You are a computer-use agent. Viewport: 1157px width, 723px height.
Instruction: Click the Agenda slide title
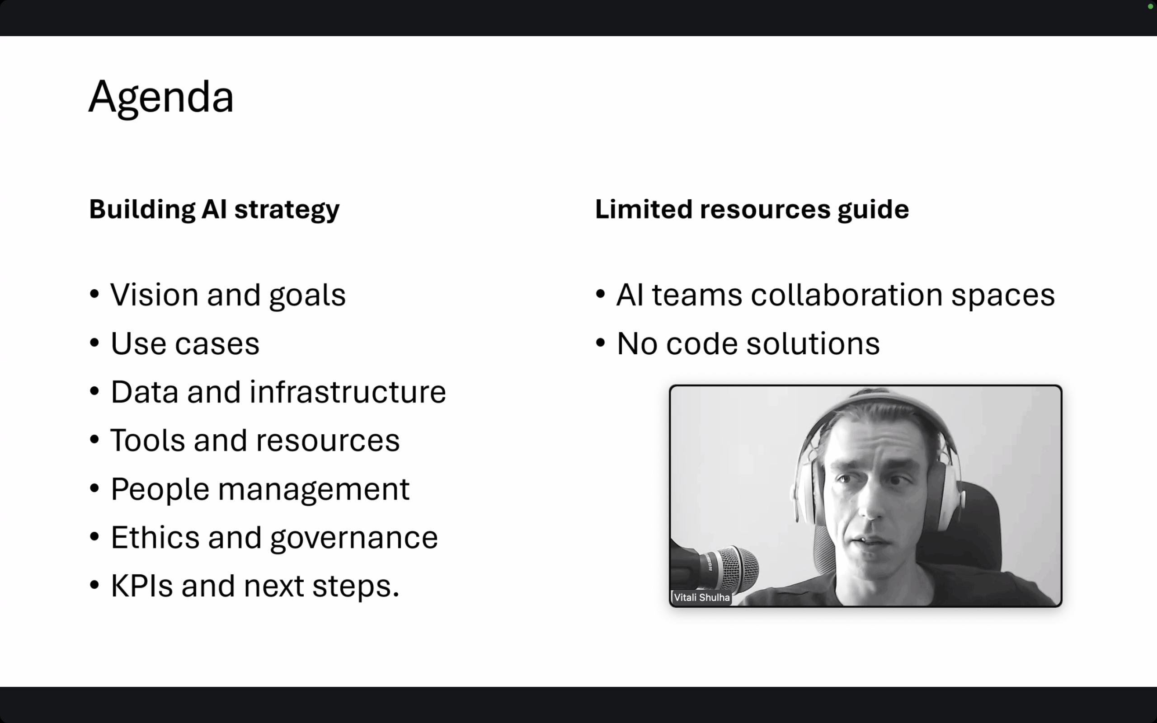[x=161, y=98]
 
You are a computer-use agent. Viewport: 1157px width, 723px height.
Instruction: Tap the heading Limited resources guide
[x=752, y=209]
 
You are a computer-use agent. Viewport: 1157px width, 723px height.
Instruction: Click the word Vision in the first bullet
[x=155, y=295]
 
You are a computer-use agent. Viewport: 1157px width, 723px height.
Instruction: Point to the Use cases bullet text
[x=185, y=343]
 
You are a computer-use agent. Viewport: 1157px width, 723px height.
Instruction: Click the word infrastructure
[x=348, y=392]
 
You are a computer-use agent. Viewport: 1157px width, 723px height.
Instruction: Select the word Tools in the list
[x=148, y=441]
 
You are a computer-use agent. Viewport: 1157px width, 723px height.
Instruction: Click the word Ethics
[x=155, y=537]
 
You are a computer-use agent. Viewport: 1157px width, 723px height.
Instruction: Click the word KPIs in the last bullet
[x=141, y=586]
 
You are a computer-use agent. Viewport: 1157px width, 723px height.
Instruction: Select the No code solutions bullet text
[x=748, y=343]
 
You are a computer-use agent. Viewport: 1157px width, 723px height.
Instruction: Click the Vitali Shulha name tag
[x=701, y=597]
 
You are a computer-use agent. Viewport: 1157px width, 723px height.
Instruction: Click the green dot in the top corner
[x=1150, y=6]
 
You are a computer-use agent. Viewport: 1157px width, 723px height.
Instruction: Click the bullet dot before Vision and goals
[x=94, y=294]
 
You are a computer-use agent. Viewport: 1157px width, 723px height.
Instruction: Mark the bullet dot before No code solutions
[x=601, y=343]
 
